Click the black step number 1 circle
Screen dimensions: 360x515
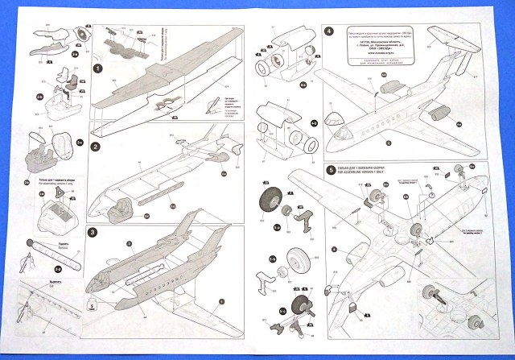(97, 69)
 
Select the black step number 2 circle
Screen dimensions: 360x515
(95, 147)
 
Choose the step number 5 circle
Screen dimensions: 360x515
(331, 170)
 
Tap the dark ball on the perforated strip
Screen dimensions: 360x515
(30, 242)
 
